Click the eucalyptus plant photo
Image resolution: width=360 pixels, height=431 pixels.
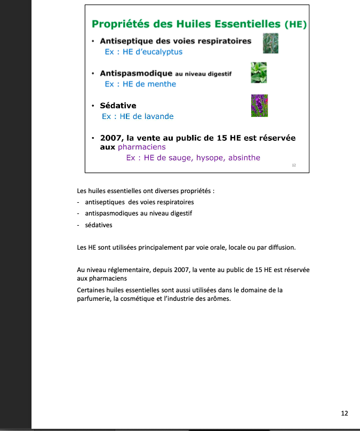(271, 42)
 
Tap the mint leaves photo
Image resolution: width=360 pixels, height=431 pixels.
(259, 73)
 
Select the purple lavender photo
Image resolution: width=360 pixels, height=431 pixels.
(259, 106)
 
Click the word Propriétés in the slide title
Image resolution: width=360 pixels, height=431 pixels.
(121, 24)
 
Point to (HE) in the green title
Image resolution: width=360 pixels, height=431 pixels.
(295, 25)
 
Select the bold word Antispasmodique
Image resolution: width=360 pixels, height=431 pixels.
(136, 73)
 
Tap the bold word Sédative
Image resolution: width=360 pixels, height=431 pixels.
(118, 106)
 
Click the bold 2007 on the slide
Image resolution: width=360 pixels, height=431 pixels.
(110, 138)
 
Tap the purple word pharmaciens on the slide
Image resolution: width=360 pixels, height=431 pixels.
(142, 147)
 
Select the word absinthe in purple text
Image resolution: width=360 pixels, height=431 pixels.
(244, 157)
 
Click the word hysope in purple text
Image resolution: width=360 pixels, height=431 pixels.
(211, 157)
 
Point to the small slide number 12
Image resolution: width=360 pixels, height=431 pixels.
(294, 165)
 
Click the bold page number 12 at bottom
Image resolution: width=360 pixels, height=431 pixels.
(345, 413)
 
